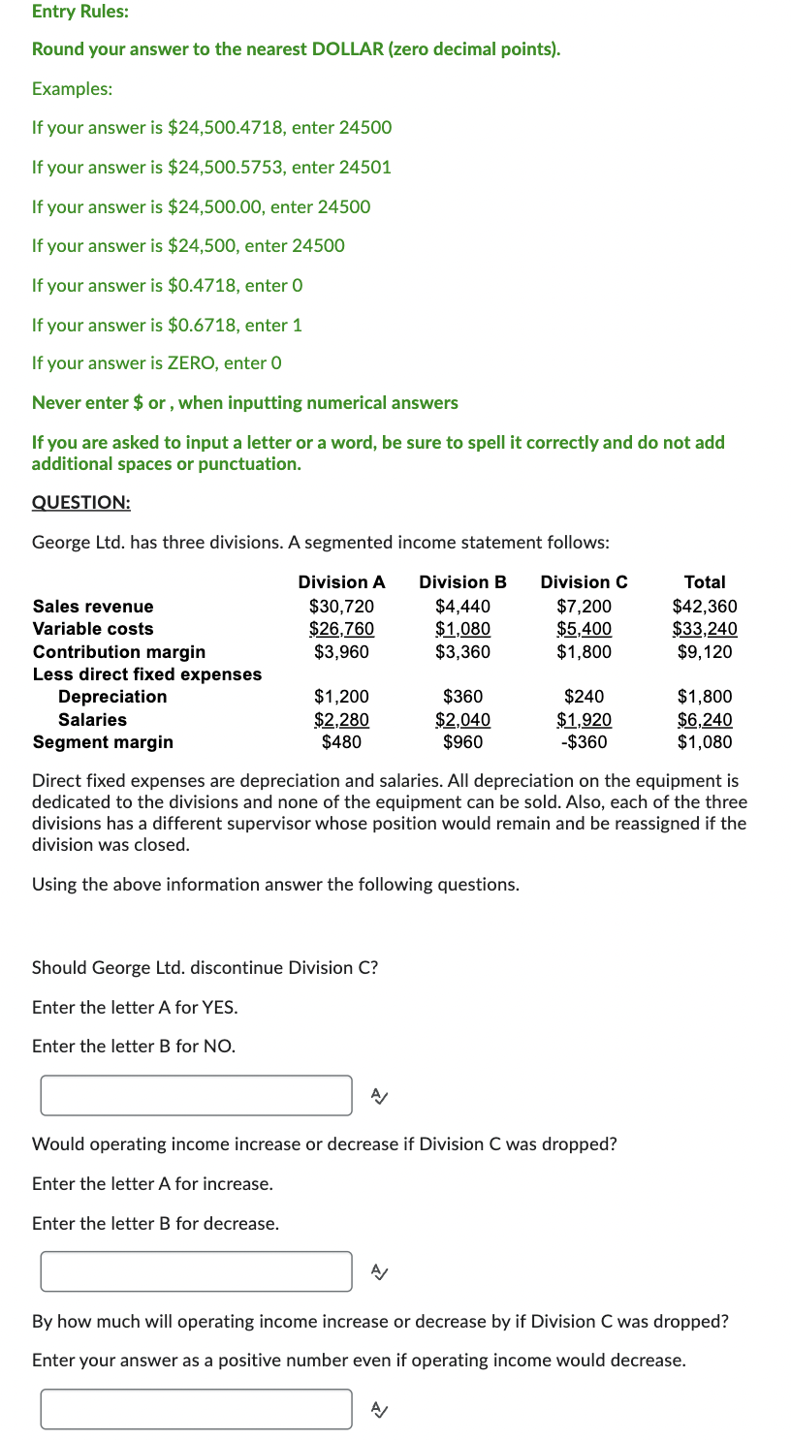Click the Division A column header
tap(341, 582)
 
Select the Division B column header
tap(462, 582)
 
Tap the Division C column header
tap(584, 582)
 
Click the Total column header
tap(705, 582)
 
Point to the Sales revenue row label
tap(93, 607)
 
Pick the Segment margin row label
tap(103, 743)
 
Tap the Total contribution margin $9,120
tap(706, 652)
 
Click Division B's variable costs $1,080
tap(463, 629)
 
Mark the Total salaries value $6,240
tap(706, 720)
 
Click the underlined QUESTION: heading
tap(81, 502)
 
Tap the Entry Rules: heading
tap(80, 12)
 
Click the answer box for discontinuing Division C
tap(196, 1095)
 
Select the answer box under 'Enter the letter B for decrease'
tap(196, 1271)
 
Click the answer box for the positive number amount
tap(196, 1409)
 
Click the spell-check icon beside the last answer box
tap(380, 1409)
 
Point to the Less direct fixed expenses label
tap(147, 674)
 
